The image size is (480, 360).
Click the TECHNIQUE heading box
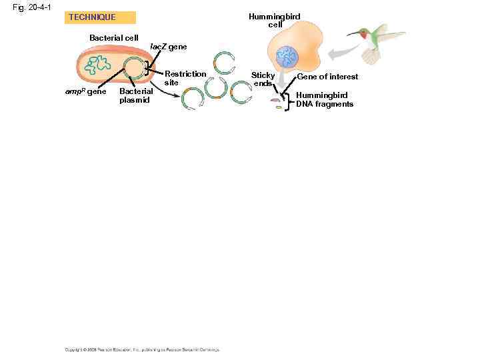pos(100,17)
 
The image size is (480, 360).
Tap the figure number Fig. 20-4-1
pos(32,7)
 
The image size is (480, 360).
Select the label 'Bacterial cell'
pos(114,37)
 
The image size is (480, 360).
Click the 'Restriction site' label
pos(185,78)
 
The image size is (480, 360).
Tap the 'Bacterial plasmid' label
pos(135,95)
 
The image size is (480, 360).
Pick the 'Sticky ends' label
pos(263,79)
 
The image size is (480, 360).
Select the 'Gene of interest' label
pos(327,77)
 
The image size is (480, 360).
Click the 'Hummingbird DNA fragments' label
pos(324,99)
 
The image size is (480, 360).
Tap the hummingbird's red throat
pos(363,35)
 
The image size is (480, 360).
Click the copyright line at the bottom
pos(141,349)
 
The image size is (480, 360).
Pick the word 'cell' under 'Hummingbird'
pos(275,25)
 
